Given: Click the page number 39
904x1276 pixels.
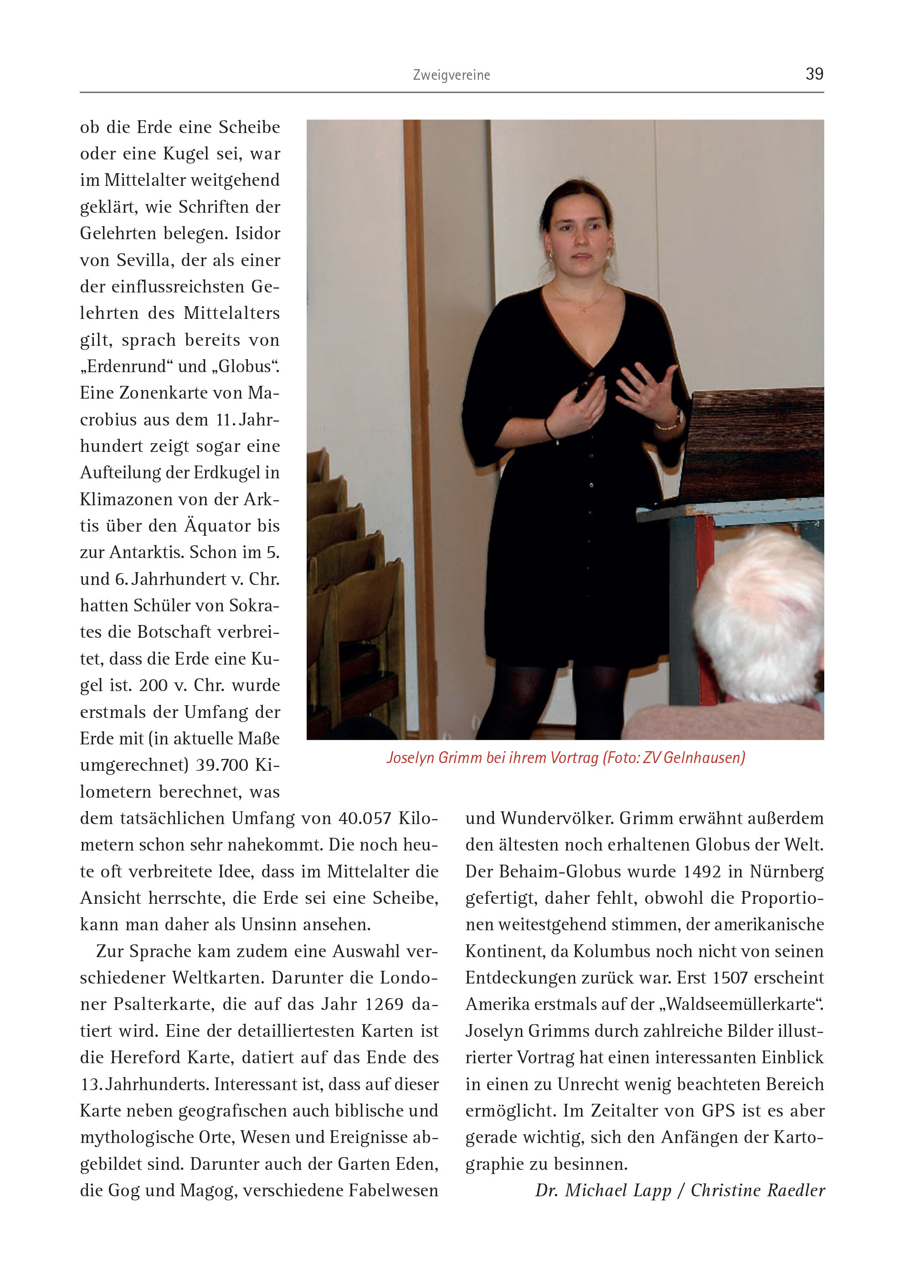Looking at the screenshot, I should point(814,74).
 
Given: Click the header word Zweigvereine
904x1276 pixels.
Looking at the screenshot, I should point(452,75).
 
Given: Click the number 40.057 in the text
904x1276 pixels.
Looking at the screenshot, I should point(365,819).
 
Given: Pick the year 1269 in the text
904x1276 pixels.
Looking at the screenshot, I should point(384,1004).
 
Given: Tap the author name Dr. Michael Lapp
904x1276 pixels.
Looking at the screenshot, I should point(603,1190).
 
